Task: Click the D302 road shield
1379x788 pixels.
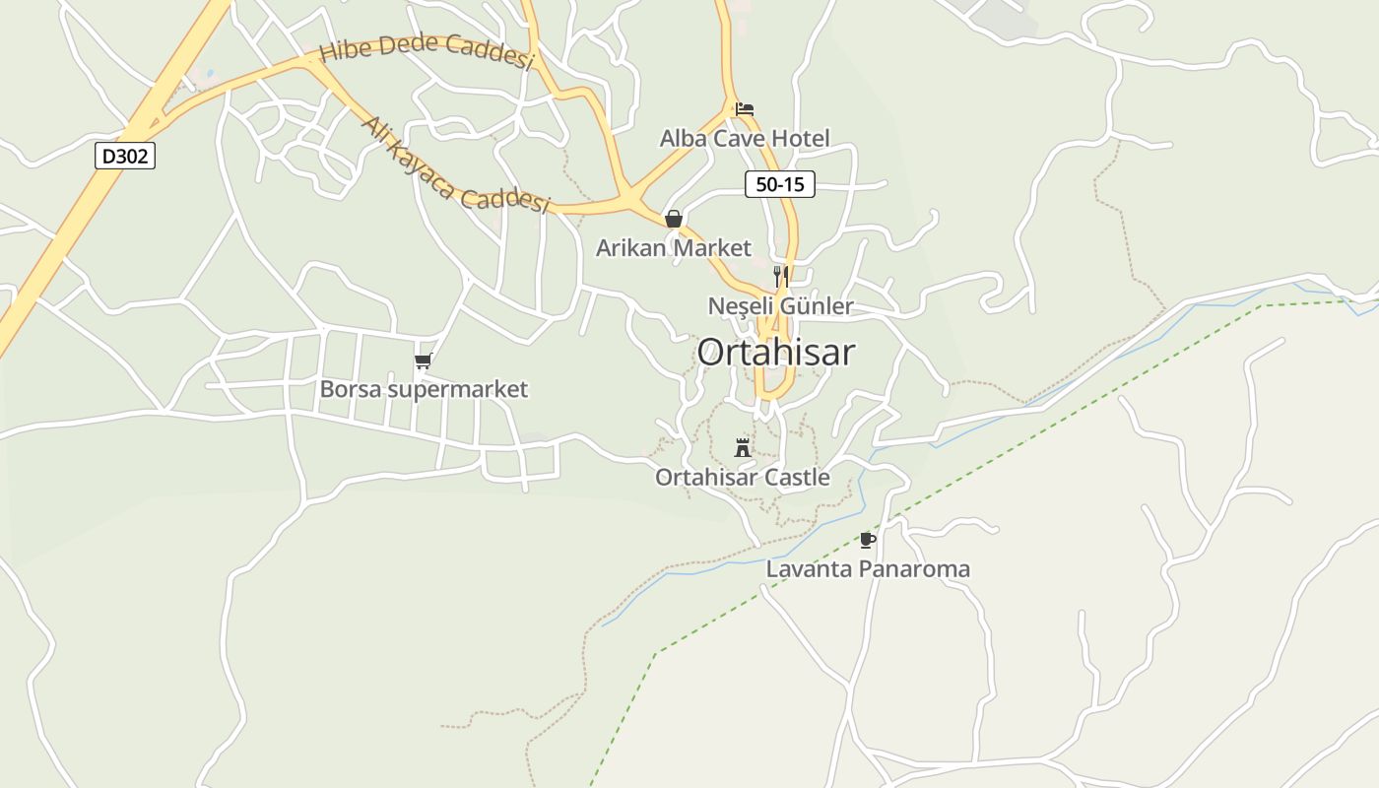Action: [125, 156]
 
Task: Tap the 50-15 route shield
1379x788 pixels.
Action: [779, 183]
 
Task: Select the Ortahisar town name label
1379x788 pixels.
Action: [776, 353]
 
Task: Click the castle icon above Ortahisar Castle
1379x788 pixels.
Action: [743, 448]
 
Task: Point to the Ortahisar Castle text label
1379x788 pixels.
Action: [743, 478]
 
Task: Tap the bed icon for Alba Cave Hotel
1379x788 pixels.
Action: [745, 108]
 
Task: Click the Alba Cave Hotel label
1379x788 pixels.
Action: [745, 138]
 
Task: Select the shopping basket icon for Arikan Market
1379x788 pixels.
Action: [674, 219]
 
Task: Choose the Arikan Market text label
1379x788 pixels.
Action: [674, 248]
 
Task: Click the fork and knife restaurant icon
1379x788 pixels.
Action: [780, 275]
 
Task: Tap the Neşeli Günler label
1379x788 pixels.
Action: [780, 306]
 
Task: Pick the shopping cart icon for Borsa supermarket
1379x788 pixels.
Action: [424, 361]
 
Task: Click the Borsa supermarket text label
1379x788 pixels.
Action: [424, 390]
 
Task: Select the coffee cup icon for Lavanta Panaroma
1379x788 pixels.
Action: [867, 540]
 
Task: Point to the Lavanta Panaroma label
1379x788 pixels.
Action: [868, 569]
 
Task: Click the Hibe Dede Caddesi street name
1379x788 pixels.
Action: [427, 50]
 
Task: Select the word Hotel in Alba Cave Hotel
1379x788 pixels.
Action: [800, 138]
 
